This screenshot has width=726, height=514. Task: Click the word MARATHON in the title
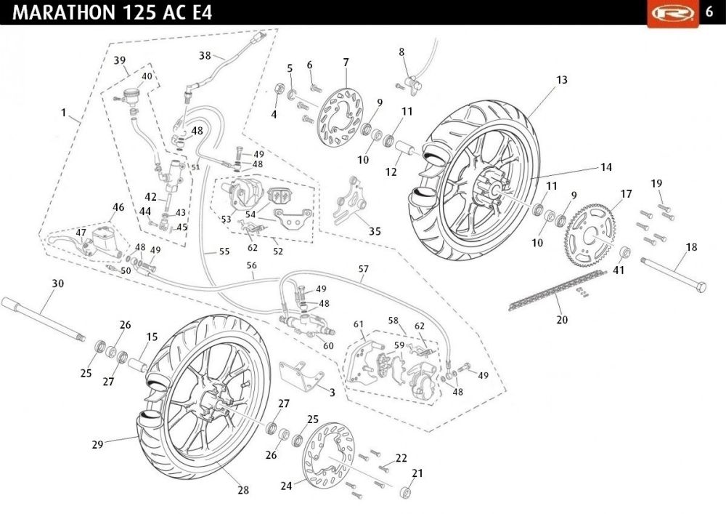coord(65,12)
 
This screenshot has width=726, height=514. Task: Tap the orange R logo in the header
coord(673,13)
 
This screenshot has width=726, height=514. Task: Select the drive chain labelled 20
coord(558,289)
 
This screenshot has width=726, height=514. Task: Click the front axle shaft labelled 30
coord(44,319)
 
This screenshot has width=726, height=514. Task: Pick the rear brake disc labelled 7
coord(340,117)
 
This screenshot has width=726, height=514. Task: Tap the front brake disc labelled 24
coord(328,454)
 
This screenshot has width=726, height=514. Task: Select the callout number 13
coord(562,80)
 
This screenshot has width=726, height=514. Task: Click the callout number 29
coord(97,444)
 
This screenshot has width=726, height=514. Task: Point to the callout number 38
coord(205,56)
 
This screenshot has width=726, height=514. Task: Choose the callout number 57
coord(364,269)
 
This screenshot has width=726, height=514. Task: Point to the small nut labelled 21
coord(406,492)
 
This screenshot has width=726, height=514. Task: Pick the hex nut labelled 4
coord(280,88)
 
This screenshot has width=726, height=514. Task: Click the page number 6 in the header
coord(709,12)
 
